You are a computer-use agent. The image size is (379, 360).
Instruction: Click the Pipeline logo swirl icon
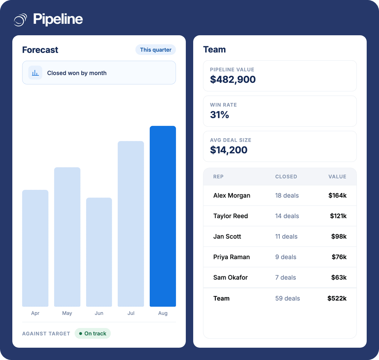pos(21,20)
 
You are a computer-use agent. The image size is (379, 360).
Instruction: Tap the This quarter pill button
pos(156,50)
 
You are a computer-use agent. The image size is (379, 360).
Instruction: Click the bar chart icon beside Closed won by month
pos(35,73)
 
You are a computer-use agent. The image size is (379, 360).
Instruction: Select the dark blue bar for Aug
pos(163,216)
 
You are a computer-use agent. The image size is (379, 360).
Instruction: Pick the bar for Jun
pos(99,252)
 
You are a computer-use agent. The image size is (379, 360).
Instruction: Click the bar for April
pos(35,248)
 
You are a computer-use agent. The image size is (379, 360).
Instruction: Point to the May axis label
pos(67,313)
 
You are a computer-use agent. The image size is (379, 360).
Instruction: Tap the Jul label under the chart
pos(131,313)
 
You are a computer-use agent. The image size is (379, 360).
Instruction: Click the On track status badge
pos(93,333)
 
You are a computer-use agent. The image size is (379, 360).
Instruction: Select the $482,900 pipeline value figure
pos(233,80)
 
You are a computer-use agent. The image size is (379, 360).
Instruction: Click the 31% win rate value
pos(219,115)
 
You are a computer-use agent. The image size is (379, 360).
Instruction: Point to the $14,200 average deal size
pos(228,150)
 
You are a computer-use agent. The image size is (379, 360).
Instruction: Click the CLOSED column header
pos(286,177)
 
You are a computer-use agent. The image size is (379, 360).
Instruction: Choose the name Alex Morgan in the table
pos(232,196)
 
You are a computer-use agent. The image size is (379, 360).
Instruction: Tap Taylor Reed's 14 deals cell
pos(287,216)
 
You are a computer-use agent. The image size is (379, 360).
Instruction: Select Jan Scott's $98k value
pos(339,236)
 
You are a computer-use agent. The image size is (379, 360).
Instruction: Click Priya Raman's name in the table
pos(231,257)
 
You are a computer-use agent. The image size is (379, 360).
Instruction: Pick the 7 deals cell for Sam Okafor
pos(285,277)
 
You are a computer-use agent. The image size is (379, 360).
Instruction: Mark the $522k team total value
pos(337,298)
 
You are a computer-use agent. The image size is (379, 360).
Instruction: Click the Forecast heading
pos(40,50)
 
